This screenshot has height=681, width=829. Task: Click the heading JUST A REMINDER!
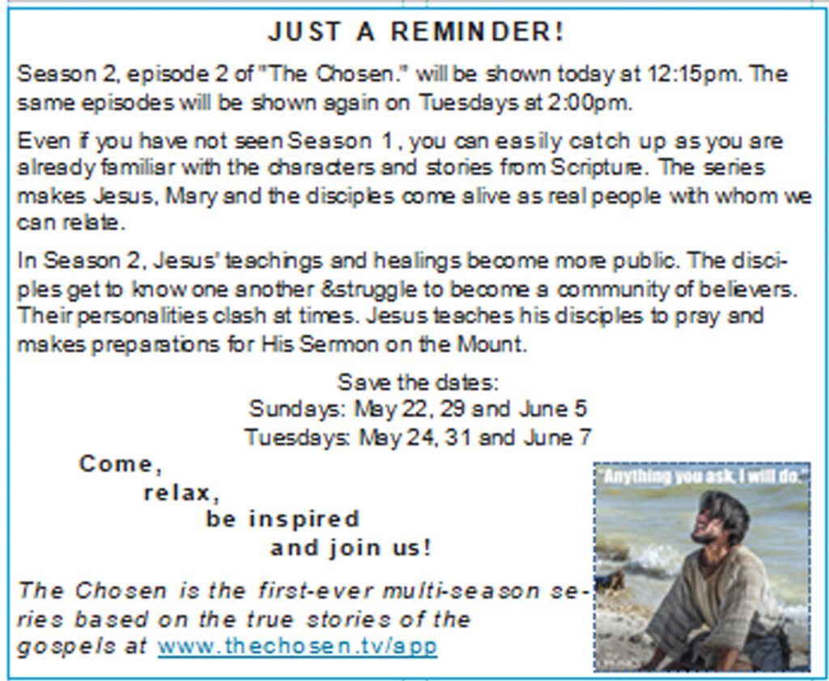point(416,32)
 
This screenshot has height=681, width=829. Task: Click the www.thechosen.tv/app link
point(298,646)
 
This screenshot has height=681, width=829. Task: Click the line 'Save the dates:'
point(418,381)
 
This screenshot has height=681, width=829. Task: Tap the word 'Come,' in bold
point(121,465)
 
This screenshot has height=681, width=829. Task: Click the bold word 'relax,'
point(181,493)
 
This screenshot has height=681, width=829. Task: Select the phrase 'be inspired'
point(283,520)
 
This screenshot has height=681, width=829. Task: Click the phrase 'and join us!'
point(351,547)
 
